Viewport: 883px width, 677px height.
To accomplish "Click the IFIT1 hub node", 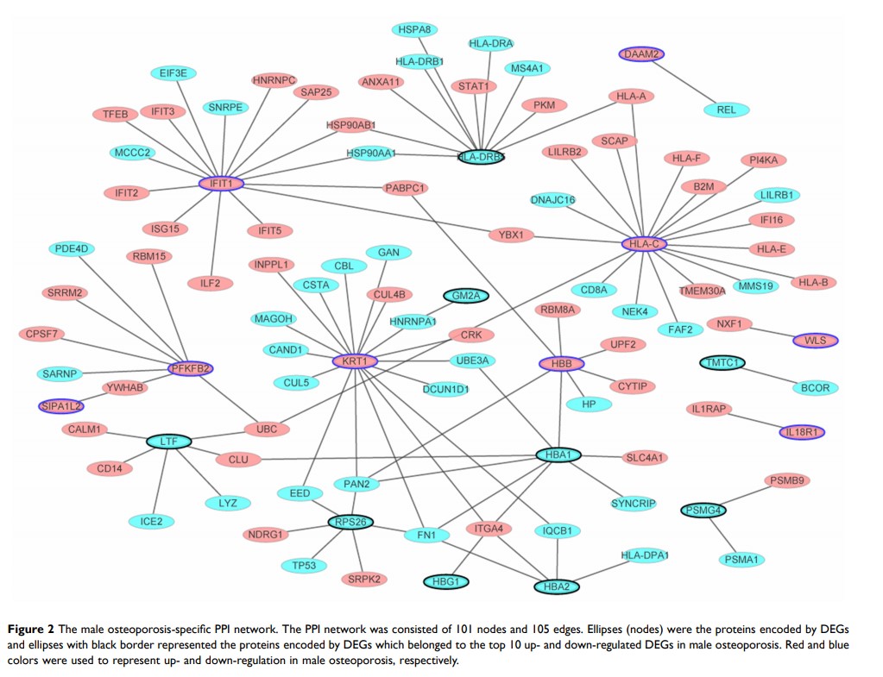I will [x=222, y=184].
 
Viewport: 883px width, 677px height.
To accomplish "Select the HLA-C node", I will [x=643, y=244].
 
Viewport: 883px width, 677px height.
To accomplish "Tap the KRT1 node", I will [x=355, y=360].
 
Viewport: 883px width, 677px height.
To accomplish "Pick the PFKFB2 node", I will [x=191, y=369].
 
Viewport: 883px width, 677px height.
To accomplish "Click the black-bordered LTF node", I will [x=168, y=442].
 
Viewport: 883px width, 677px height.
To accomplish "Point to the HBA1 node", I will [x=558, y=454].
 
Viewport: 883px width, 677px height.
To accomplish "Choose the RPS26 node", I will [x=355, y=521].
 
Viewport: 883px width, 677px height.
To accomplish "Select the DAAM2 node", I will [x=641, y=54].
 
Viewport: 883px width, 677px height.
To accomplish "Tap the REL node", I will [x=727, y=110].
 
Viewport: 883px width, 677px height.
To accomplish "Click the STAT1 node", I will [x=473, y=86].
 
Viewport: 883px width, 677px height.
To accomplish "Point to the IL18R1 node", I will [x=804, y=431].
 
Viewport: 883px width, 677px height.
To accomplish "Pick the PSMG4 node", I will [x=703, y=511].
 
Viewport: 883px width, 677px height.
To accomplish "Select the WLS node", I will [x=815, y=341].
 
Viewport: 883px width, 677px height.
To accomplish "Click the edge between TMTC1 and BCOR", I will [x=768, y=376].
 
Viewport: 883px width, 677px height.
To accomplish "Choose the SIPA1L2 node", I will [x=61, y=405].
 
